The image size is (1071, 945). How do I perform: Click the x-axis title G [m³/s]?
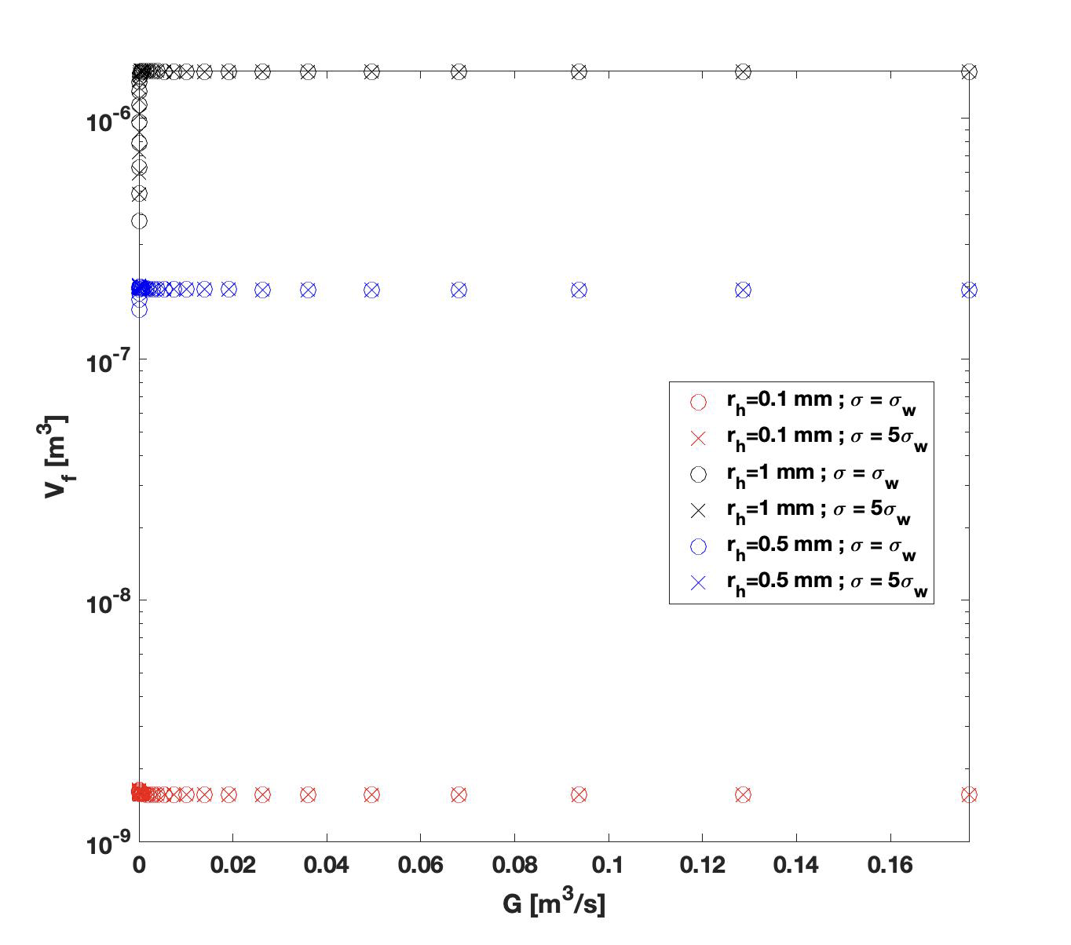coord(554,903)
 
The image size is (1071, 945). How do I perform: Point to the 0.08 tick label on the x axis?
coord(514,865)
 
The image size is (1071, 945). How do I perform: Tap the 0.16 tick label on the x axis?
coord(890,865)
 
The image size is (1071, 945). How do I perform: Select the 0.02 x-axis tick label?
coord(232,865)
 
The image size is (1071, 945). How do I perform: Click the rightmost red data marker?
coord(969,794)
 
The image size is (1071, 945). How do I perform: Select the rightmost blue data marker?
coord(969,290)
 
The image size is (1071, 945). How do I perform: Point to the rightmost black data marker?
coord(969,72)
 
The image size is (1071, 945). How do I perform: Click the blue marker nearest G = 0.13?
coord(743,290)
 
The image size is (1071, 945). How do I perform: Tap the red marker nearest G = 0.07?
coord(459,794)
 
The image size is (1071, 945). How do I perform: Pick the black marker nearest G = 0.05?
coord(371,72)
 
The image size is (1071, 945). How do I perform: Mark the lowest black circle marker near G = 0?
coord(139,221)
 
